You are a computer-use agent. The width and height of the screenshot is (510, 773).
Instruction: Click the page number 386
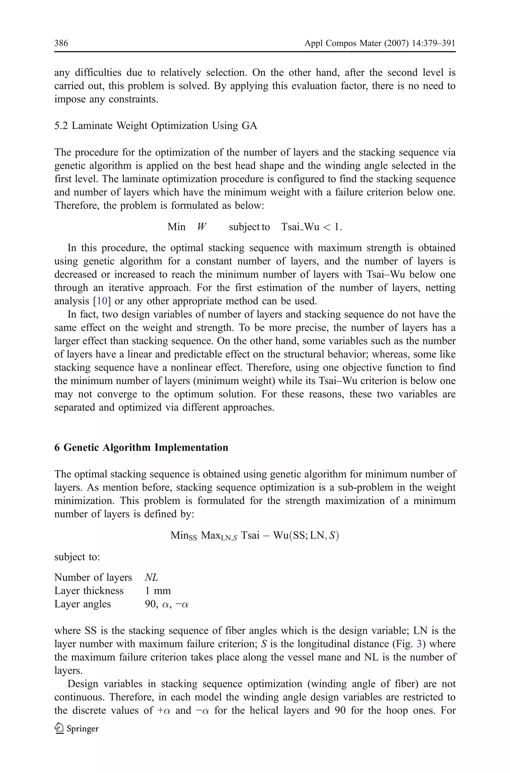click(61, 43)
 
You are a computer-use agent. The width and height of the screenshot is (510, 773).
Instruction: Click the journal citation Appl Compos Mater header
click(379, 43)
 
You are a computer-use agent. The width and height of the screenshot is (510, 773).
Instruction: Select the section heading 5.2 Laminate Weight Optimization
click(155, 125)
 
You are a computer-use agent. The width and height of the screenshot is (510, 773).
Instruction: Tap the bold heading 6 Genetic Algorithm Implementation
click(141, 447)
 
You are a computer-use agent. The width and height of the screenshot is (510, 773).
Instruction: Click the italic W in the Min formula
click(202, 227)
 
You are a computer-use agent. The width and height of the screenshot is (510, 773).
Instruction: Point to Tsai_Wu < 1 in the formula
click(311, 227)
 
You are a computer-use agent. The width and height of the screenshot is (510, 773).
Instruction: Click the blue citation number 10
click(102, 301)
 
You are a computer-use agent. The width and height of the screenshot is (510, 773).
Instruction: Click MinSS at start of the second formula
click(184, 535)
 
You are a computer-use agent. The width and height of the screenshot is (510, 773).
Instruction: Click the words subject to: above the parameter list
click(77, 557)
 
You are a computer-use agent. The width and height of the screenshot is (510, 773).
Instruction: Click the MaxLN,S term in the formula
click(219, 535)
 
